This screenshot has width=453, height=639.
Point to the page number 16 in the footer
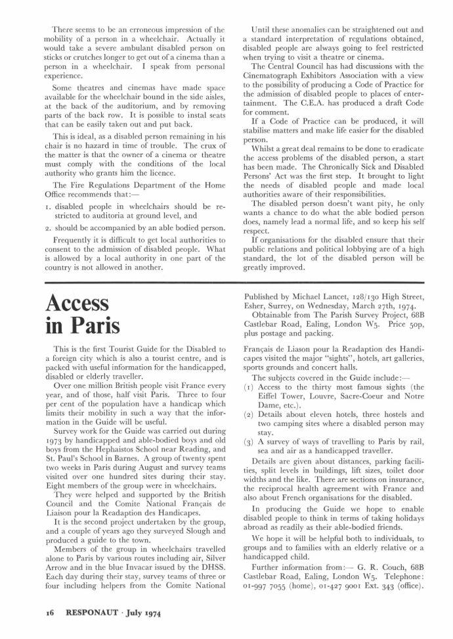click(x=49, y=613)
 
